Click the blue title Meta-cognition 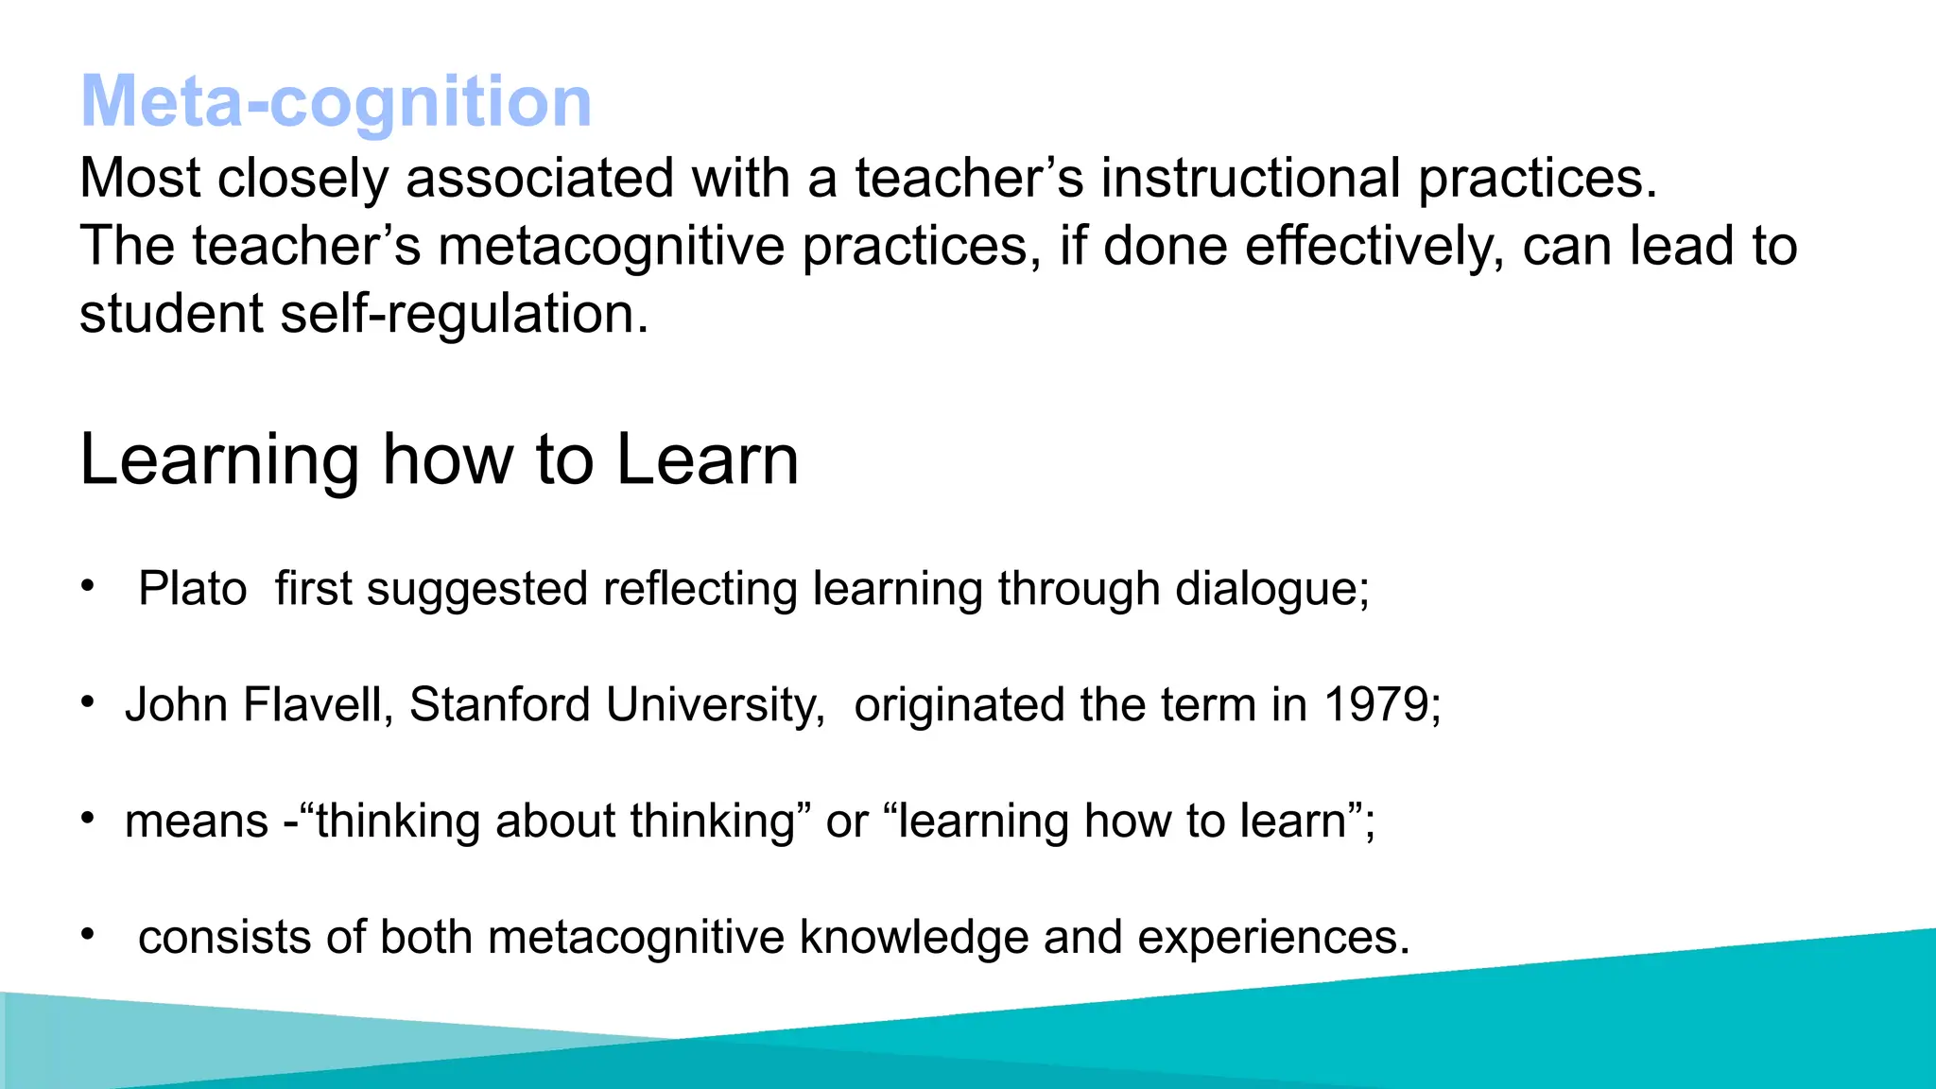pos(336,101)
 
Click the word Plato pos(193,589)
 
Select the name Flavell pos(316,705)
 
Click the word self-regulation pos(463,315)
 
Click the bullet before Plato pos(88,586)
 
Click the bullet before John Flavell pos(88,702)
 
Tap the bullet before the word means pos(88,819)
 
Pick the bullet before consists pos(88,935)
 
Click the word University pos(714,705)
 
